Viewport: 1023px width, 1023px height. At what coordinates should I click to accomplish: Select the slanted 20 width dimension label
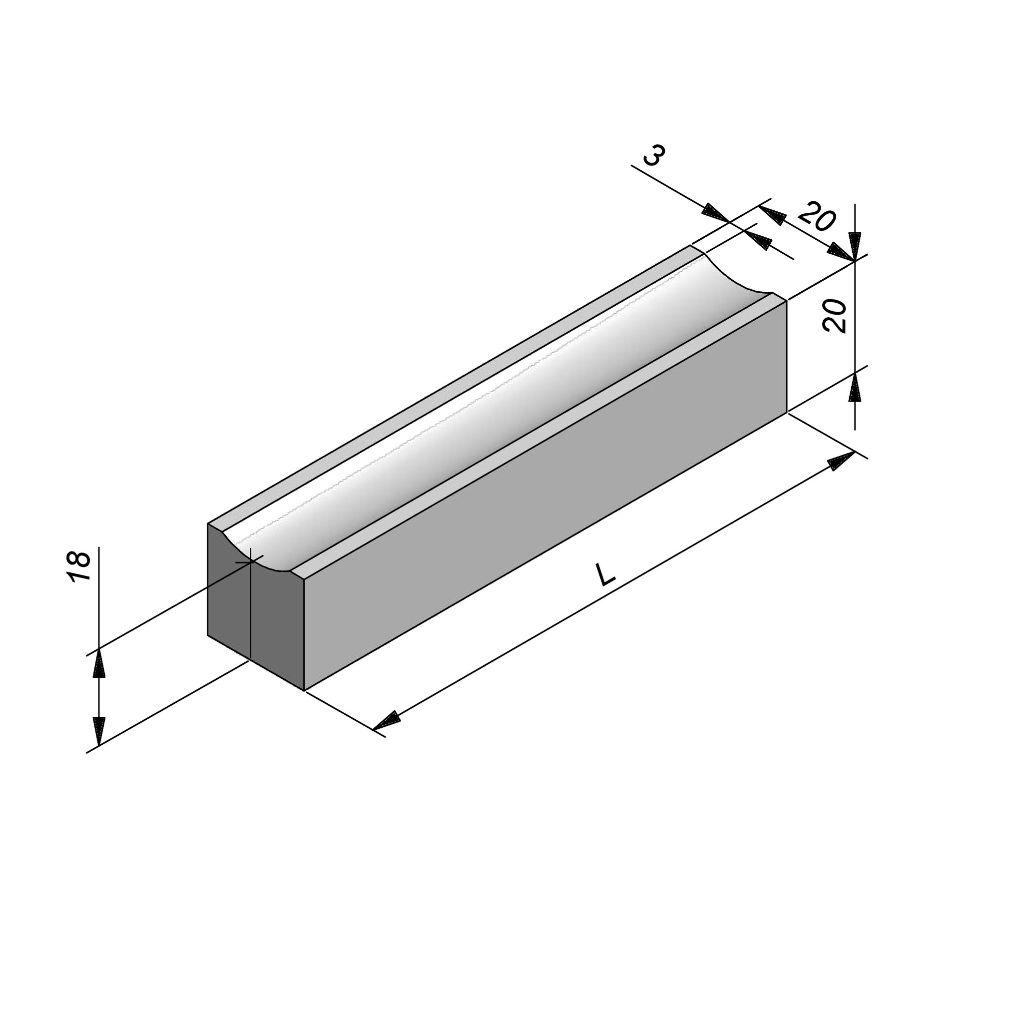click(x=817, y=217)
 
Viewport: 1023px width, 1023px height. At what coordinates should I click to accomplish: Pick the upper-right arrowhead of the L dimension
click(x=841, y=461)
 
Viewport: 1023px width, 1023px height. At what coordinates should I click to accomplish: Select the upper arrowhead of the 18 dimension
click(x=99, y=663)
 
